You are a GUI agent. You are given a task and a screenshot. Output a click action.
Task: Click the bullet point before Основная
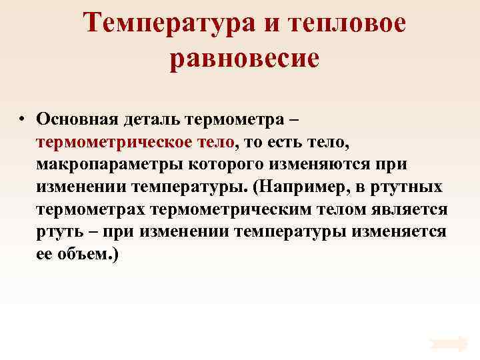click(x=22, y=119)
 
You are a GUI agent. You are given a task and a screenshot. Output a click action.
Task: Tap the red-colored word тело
click(x=217, y=142)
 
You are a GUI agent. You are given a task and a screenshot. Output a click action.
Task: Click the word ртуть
click(x=59, y=233)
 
